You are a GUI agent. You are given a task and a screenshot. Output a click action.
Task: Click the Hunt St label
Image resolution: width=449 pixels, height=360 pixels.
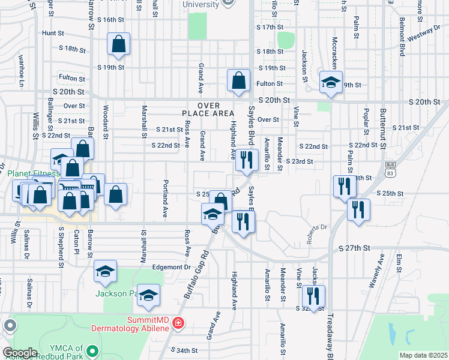pos(53,34)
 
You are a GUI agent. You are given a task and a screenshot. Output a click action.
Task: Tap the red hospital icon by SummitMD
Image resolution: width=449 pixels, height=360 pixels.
pos(178,323)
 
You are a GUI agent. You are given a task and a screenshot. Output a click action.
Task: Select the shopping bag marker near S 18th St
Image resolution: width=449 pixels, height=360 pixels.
pos(119,44)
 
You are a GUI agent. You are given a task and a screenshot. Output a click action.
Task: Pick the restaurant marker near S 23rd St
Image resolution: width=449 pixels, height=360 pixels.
pos(244,160)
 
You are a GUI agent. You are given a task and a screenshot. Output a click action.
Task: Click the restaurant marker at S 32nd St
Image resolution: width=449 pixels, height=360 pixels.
pos(313,296)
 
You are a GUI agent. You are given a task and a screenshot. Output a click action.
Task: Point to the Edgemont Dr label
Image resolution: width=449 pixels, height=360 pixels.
pos(171,267)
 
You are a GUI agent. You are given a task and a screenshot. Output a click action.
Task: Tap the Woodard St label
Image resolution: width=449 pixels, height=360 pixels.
pos(105,121)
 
